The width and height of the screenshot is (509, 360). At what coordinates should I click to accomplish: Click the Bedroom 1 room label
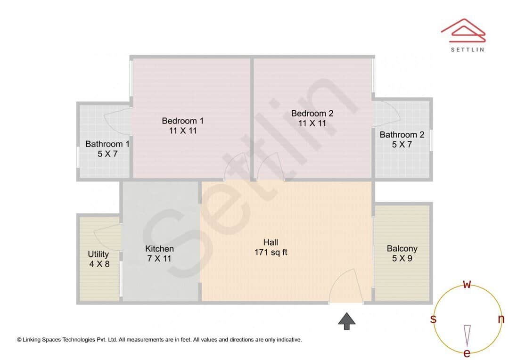[182, 121]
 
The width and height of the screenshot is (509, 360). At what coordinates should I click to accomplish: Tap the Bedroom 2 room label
[312, 114]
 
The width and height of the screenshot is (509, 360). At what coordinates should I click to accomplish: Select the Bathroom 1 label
[107, 144]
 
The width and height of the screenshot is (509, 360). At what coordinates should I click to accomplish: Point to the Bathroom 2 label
[402, 135]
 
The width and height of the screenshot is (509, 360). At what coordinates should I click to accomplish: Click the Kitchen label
[159, 249]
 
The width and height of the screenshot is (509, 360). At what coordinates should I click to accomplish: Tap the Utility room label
[99, 254]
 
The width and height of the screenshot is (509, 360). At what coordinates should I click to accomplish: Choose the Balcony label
[402, 249]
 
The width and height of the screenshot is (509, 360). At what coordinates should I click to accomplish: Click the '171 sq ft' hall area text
[271, 252]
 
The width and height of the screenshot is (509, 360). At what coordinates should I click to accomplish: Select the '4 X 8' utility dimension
[99, 264]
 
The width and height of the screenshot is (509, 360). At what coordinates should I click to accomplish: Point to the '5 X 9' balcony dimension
[402, 258]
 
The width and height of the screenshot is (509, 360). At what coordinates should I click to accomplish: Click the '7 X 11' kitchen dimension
[159, 258]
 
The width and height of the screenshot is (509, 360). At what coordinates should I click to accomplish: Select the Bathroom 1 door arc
[118, 120]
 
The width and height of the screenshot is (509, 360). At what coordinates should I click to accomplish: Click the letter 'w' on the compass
[467, 284]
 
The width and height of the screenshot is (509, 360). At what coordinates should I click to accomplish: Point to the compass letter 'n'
[501, 319]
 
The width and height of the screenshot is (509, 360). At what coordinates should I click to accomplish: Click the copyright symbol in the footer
[19, 339]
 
